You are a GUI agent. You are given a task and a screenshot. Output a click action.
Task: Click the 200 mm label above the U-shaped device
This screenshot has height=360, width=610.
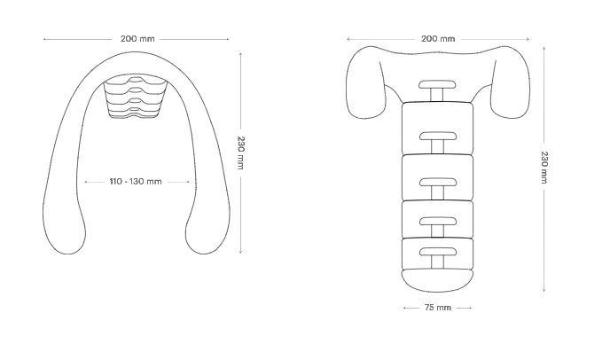[x=137, y=39]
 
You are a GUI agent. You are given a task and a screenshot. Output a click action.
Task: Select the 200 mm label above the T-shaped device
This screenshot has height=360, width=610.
[x=438, y=39]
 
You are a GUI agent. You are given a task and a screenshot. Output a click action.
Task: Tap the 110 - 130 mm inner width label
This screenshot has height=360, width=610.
[x=136, y=182]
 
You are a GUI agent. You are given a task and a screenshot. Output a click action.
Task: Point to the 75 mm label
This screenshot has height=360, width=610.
[x=438, y=308]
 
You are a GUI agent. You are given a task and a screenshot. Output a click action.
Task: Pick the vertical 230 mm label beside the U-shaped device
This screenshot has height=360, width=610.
[x=241, y=153]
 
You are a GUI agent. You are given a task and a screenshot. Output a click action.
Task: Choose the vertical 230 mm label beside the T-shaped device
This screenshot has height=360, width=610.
[x=544, y=168]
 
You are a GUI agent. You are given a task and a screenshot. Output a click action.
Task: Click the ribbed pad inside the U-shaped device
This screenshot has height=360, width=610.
[x=135, y=98]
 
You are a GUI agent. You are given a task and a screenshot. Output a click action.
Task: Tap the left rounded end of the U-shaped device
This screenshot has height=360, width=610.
[x=66, y=238]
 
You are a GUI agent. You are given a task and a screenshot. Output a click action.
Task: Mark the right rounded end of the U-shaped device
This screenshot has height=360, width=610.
[x=207, y=238]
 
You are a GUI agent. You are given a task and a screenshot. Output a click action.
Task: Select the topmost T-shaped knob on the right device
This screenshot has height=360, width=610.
[x=437, y=90]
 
